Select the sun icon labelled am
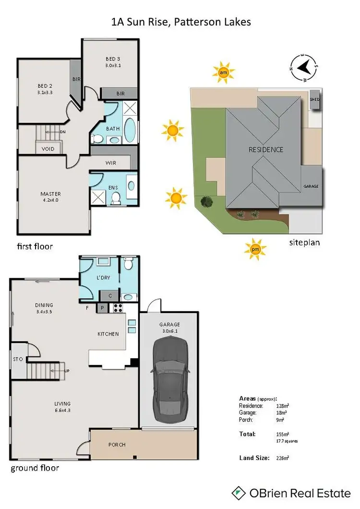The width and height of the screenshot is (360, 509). [x=224, y=73]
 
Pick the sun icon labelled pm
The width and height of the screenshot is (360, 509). [x=254, y=249]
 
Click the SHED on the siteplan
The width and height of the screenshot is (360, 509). [x=315, y=99]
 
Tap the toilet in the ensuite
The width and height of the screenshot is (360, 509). [x=115, y=198]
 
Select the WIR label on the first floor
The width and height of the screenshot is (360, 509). [x=111, y=163]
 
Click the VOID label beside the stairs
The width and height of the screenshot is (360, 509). [x=48, y=149]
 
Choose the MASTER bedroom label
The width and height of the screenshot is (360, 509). [x=50, y=194]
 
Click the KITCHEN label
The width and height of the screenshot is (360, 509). [x=108, y=334]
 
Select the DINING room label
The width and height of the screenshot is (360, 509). [x=44, y=305]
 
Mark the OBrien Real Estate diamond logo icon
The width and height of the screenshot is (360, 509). [x=238, y=493]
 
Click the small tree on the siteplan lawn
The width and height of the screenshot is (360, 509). [x=207, y=202]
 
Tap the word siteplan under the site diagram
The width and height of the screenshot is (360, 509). [x=304, y=242]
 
